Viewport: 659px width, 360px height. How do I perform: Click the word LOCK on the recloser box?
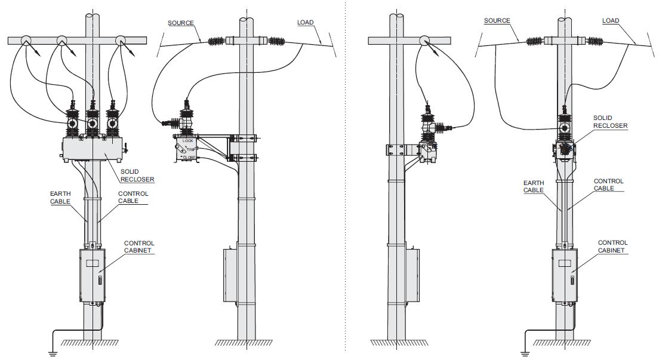189,141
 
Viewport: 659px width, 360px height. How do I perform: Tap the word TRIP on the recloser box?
191,149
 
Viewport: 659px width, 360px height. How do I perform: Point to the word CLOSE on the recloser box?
189,158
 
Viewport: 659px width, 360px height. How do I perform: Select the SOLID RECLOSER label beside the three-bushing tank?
137,176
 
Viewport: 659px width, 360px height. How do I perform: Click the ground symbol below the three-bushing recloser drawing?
52,352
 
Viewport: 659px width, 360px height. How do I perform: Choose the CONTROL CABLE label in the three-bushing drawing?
133,197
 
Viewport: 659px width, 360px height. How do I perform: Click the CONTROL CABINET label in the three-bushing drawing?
139,247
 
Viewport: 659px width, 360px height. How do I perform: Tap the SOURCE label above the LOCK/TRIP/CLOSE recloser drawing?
180,23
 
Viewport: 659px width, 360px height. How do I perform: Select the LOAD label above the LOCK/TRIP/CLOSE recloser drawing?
305,23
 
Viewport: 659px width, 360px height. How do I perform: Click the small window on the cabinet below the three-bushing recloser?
91,263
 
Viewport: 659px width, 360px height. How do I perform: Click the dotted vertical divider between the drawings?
346,179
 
